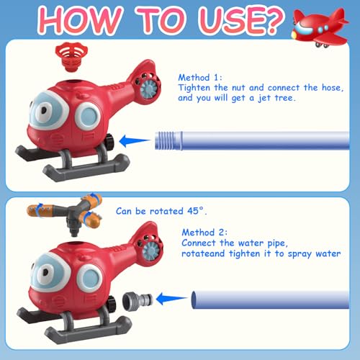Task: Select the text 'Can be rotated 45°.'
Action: [x=161, y=211]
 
